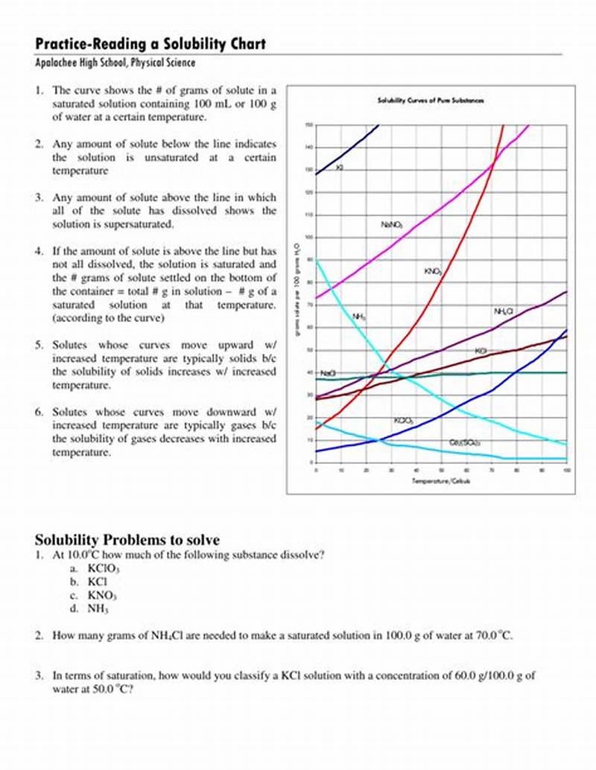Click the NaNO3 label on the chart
pos(392,224)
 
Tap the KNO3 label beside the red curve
pos(433,273)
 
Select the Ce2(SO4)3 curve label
pos(464,442)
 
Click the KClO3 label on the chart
pos(404,421)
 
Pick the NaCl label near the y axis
pos(328,372)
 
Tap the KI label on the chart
pos(340,168)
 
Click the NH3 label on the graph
pos(359,316)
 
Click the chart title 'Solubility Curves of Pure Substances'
pos(431,101)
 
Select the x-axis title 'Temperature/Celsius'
pos(441,481)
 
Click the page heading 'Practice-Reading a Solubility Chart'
pos(150,44)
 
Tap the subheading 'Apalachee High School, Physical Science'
pos(115,63)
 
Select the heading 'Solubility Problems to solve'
pos(127,540)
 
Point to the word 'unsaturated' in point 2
pos(176,157)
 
